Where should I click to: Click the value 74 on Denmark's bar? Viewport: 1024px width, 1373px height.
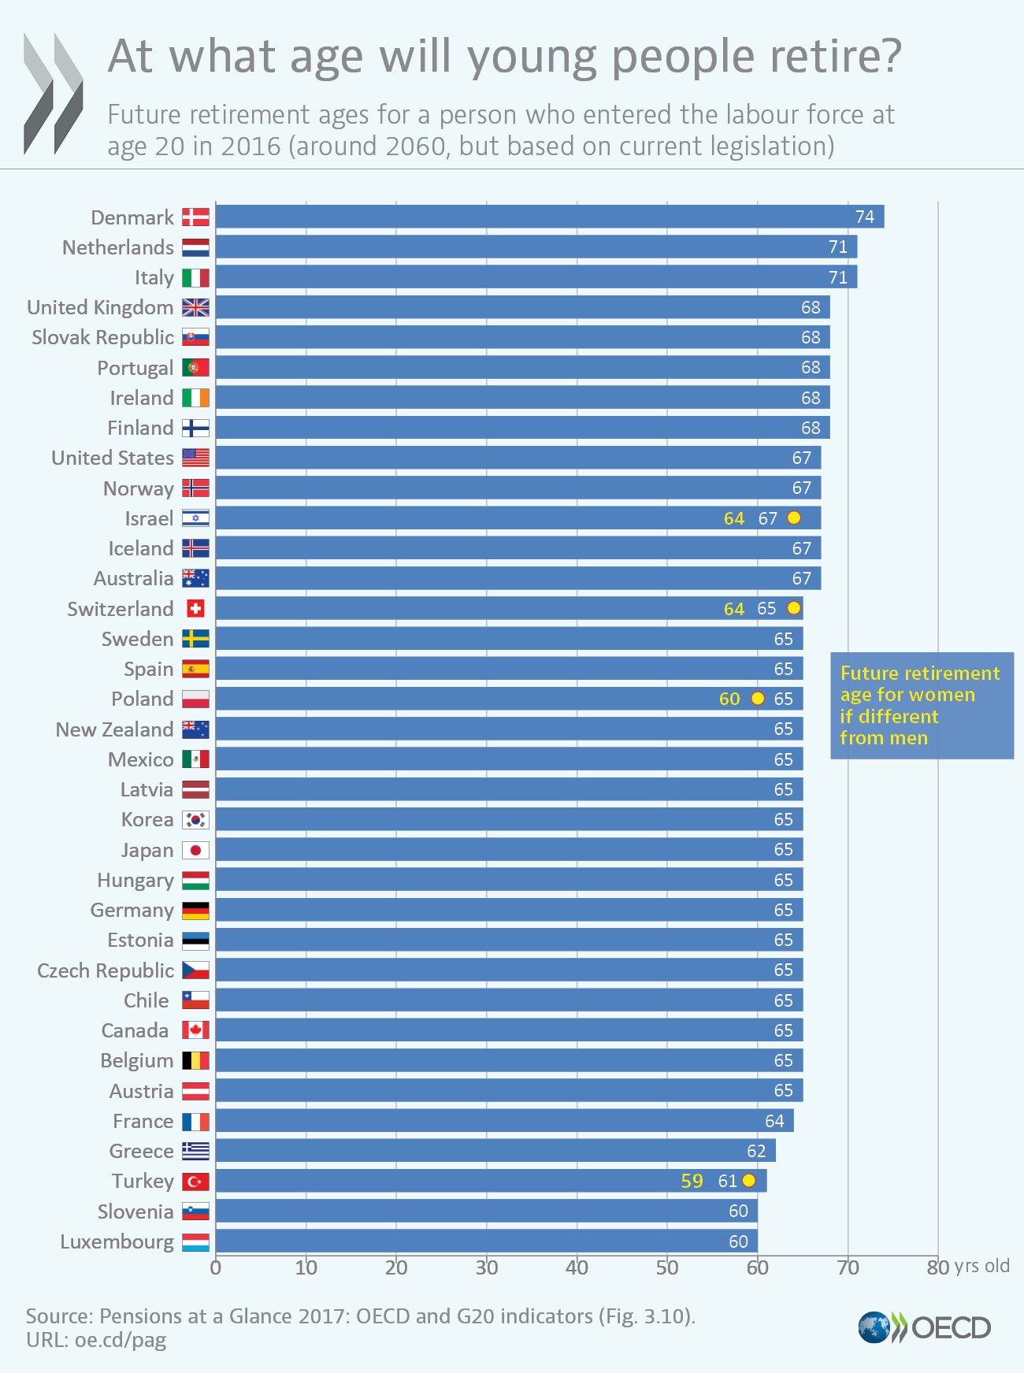click(x=864, y=217)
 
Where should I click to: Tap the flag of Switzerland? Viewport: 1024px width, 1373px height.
click(x=195, y=609)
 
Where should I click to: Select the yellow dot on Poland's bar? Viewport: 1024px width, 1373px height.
click(x=758, y=699)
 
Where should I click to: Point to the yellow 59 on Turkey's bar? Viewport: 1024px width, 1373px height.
click(x=692, y=1181)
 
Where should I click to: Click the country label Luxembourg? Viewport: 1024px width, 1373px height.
click(x=117, y=1242)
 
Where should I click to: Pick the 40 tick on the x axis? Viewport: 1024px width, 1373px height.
click(x=577, y=1267)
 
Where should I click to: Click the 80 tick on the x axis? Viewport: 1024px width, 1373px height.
click(x=937, y=1267)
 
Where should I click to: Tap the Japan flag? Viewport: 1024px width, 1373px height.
click(x=195, y=850)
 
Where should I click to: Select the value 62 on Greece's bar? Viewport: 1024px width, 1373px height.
click(x=756, y=1151)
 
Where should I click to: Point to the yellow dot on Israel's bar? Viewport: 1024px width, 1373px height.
click(x=794, y=518)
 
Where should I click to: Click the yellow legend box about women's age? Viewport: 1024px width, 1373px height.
click(x=921, y=706)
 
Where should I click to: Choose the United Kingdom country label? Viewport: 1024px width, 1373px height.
click(x=100, y=307)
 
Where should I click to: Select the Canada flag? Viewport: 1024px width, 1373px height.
click(x=195, y=1030)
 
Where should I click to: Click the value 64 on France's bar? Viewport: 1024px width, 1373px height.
click(x=774, y=1121)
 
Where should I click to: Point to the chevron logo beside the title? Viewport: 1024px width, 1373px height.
click(x=53, y=93)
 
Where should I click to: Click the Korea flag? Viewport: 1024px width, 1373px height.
click(x=195, y=820)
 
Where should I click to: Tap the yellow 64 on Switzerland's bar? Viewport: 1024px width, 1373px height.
click(x=733, y=609)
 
